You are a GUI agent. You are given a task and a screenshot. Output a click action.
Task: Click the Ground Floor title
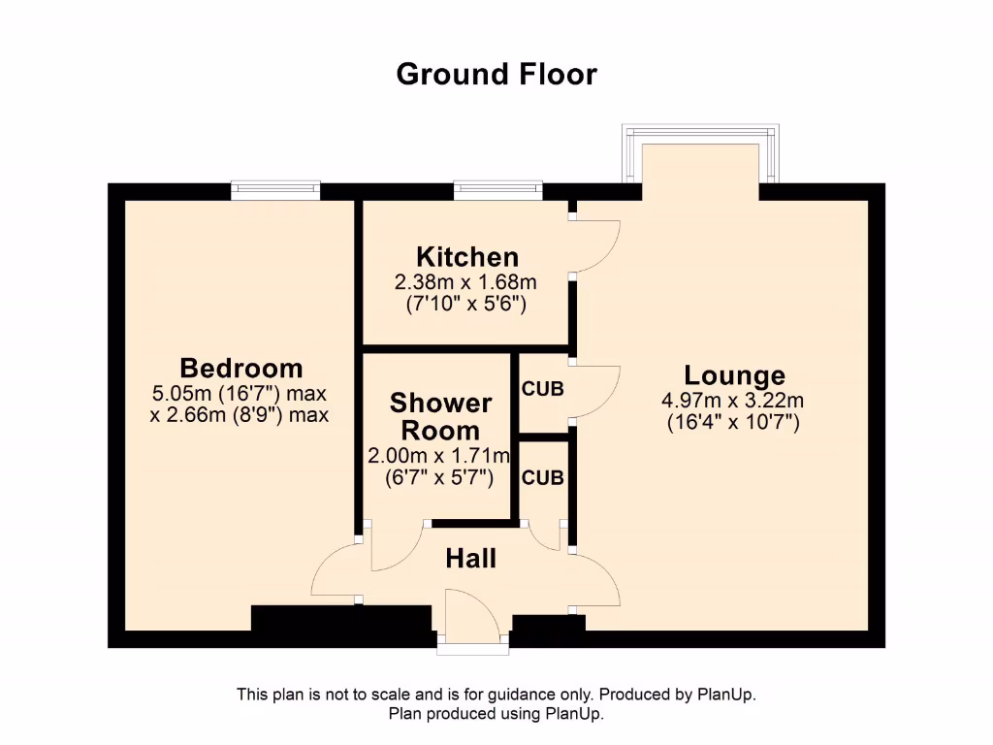(x=496, y=74)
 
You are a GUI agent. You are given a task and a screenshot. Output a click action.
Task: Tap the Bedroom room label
(x=240, y=369)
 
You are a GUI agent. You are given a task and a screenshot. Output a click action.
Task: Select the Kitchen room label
(x=466, y=257)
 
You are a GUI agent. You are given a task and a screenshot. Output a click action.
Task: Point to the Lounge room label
(x=734, y=375)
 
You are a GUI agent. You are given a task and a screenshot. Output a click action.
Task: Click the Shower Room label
(x=440, y=416)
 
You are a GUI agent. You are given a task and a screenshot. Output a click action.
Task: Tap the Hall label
(x=470, y=559)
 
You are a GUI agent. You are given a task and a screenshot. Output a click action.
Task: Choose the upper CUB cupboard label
(x=542, y=389)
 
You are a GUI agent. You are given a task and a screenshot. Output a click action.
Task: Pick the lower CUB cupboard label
(x=542, y=477)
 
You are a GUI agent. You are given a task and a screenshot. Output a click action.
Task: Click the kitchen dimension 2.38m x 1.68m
(x=465, y=282)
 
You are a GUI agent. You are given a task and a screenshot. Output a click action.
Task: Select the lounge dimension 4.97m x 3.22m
(x=733, y=401)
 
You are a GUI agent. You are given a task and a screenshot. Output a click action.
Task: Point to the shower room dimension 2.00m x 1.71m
(x=438, y=456)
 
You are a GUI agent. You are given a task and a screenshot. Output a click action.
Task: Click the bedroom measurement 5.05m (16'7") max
(x=239, y=394)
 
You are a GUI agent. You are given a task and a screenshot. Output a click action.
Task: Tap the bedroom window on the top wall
(x=275, y=190)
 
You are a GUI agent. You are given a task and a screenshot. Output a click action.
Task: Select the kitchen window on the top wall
(x=497, y=190)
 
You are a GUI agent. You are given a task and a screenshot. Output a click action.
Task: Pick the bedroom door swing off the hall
(x=335, y=572)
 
